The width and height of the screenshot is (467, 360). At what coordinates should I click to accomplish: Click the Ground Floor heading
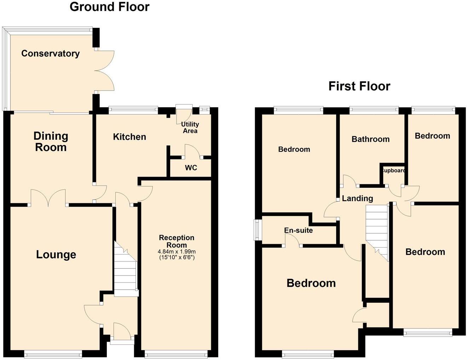[x=109, y=7]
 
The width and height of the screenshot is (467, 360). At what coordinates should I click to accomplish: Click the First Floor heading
[x=359, y=86]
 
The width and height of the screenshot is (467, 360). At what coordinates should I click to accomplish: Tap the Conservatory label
[x=50, y=53]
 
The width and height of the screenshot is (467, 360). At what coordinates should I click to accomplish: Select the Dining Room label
[x=51, y=141]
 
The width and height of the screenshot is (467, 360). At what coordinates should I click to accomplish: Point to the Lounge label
[x=56, y=254]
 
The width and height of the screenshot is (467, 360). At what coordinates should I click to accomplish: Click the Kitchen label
[x=129, y=137]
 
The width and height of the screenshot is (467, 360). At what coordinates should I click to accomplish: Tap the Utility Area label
[x=190, y=128]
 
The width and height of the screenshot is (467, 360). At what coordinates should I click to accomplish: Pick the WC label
[x=191, y=168]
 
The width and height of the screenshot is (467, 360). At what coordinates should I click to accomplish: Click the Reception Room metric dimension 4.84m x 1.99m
[x=177, y=251]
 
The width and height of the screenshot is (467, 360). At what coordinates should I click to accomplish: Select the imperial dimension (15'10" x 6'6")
[x=177, y=257]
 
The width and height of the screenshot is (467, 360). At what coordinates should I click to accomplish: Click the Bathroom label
[x=370, y=139]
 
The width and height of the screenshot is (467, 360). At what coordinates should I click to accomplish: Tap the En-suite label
[x=299, y=230]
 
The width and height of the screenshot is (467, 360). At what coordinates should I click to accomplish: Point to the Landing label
[x=357, y=198]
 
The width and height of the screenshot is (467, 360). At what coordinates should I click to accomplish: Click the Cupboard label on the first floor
[x=393, y=170]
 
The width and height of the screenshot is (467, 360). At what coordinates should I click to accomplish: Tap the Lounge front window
[x=53, y=353]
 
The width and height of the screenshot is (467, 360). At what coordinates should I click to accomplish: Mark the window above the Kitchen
[x=133, y=110]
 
